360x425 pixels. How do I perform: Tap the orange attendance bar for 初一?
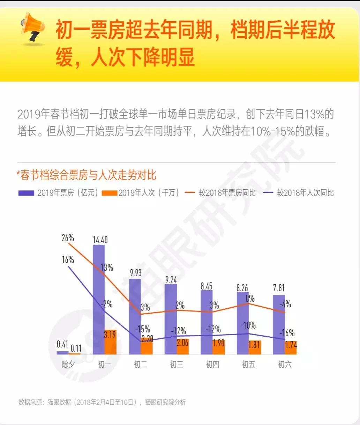pyautogui.click(x=110, y=342)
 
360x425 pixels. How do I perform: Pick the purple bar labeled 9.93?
pyautogui.click(x=135, y=307)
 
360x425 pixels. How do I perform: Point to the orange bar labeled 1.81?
pyautogui.click(x=254, y=347)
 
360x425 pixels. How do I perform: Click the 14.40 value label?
pyautogui.click(x=100, y=240)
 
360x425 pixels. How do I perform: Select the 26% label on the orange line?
pyautogui.click(x=68, y=238)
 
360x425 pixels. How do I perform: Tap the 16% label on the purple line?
pyautogui.click(x=68, y=260)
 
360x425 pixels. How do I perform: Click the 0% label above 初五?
pyautogui.click(x=250, y=299)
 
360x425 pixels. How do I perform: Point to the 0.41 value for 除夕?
pyautogui.click(x=62, y=344)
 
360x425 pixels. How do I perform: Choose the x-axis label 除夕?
pyautogui.click(x=68, y=365)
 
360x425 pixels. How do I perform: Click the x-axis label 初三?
pyautogui.click(x=177, y=365)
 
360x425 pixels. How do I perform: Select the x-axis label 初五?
pyautogui.click(x=248, y=365)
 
